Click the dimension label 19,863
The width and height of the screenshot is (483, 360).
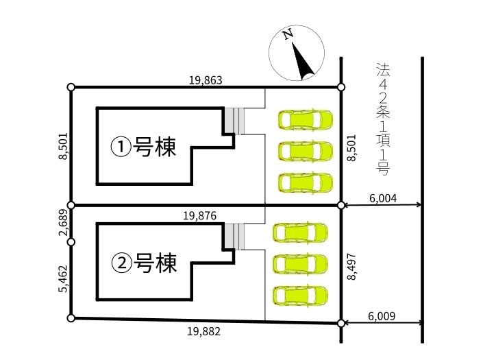coord(206,80)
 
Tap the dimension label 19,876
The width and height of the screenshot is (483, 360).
coord(200,215)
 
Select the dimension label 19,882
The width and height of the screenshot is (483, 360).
coord(203,331)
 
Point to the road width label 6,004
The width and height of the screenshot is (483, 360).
coord(383,197)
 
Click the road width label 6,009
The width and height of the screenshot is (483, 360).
coord(382,316)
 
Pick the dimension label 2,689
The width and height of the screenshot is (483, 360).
coord(62,223)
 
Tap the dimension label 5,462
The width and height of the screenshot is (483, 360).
coord(62,279)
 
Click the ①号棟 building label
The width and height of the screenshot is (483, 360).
coord(144,146)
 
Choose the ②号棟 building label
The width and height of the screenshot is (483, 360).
coord(144,262)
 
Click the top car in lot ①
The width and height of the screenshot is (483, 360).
coord(306,120)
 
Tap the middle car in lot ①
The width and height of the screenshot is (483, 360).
coord(306,151)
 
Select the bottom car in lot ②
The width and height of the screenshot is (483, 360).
coord(300,296)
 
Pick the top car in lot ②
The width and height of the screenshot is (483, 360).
coord(300,233)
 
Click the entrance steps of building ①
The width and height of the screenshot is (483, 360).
coord(237,121)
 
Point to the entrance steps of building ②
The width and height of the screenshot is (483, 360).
coord(237,237)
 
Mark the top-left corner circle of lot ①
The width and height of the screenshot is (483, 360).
coord(71,87)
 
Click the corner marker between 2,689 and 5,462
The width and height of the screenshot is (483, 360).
coord(71,241)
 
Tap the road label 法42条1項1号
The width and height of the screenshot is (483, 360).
coord(382,117)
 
